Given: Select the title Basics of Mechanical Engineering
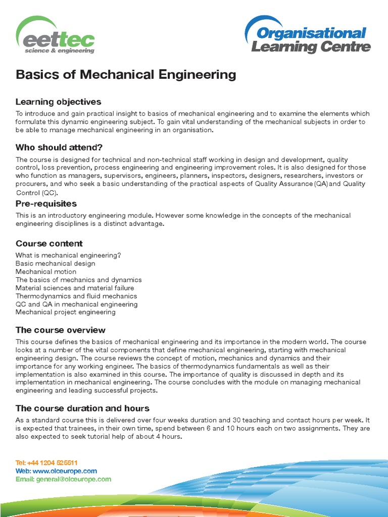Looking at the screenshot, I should [x=126, y=75].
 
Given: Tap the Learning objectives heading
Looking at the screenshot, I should [x=58, y=102].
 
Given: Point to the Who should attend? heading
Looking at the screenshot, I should [x=59, y=147].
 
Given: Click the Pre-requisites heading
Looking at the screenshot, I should [x=46, y=203].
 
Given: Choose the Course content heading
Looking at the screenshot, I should [x=49, y=243].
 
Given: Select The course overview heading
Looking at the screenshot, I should [x=61, y=330].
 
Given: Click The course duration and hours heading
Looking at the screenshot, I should [x=82, y=408].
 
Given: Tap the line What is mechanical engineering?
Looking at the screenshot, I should [x=68, y=255].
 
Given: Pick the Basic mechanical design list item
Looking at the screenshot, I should [x=55, y=264].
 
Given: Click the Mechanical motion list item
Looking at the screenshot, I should [x=46, y=272].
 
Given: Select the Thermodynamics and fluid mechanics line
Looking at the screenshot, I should [x=76, y=296].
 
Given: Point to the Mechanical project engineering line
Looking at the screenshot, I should [x=66, y=312].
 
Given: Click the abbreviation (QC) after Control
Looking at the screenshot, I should [x=51, y=193].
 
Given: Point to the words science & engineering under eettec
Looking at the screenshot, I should [x=60, y=50].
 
